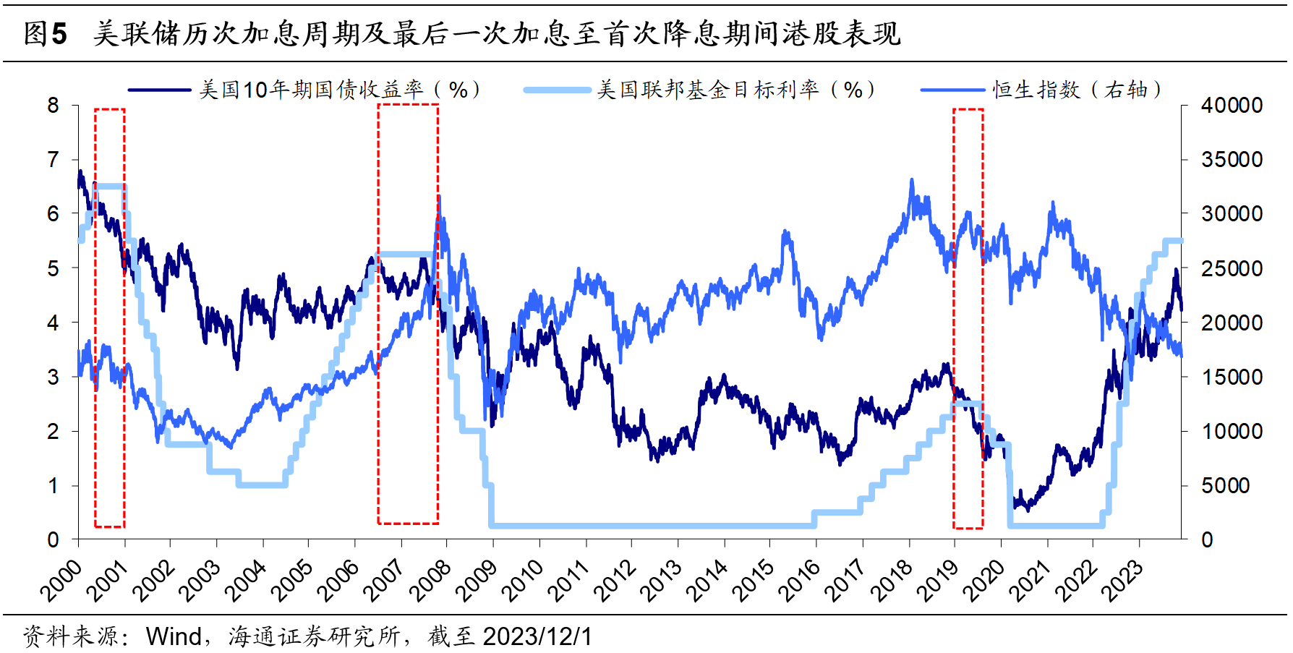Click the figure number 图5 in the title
pos(45,33)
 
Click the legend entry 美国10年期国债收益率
pos(311,90)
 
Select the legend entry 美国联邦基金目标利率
pos(707,90)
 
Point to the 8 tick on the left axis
pos(53,106)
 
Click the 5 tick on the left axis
pos(53,268)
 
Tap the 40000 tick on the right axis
pos(1232,106)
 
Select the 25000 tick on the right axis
pos(1232,268)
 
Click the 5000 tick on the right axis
pos(1226,485)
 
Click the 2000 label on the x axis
pos(61,581)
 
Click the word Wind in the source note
pos(174,636)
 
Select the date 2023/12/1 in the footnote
pos(537,636)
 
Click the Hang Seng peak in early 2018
pos(911,181)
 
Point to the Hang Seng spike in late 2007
pos(438,197)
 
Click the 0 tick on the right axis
pos(1207,539)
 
